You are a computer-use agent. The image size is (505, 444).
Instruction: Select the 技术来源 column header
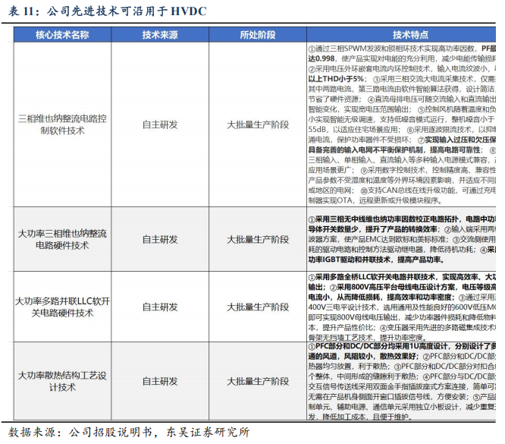point(160,35)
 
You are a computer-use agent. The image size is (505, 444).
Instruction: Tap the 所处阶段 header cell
point(258,35)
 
